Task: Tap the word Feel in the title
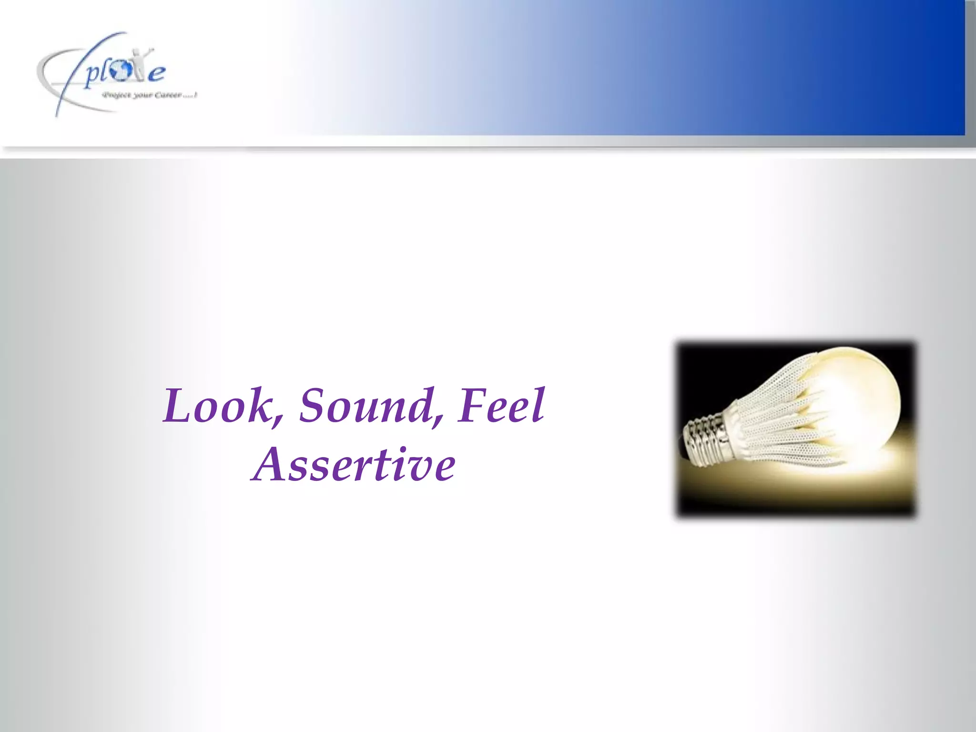tap(500, 406)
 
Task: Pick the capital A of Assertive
tap(270, 465)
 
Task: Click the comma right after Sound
tap(437, 419)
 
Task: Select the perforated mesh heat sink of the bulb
tap(772, 419)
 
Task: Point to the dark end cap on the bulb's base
tap(687, 436)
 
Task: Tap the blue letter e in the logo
tap(156, 74)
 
